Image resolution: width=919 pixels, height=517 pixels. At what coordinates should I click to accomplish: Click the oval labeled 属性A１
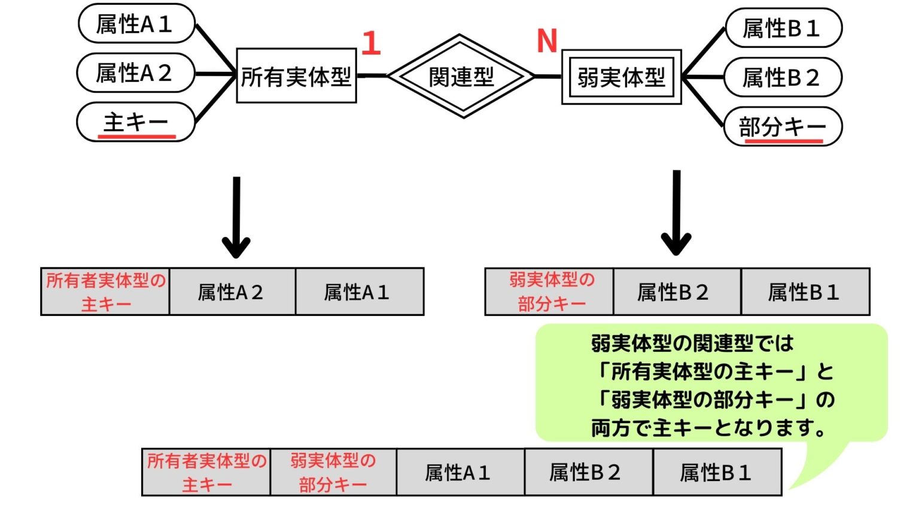pyautogui.click(x=136, y=24)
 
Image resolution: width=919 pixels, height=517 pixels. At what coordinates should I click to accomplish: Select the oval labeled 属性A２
pyautogui.click(x=136, y=73)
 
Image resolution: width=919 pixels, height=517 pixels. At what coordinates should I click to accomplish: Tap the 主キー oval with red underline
pyautogui.click(x=136, y=123)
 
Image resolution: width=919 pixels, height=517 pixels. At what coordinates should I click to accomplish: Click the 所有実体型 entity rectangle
pyautogui.click(x=296, y=76)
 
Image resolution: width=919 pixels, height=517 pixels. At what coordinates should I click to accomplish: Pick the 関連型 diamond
pyautogui.click(x=461, y=77)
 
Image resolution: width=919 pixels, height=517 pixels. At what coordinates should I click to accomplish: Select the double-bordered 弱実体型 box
pyautogui.click(x=621, y=77)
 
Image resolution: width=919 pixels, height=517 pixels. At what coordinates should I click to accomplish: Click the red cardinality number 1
pyautogui.click(x=371, y=43)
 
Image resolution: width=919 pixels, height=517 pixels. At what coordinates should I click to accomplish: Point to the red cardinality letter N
pyautogui.click(x=547, y=41)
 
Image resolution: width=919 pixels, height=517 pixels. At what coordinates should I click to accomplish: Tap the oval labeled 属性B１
pyautogui.click(x=783, y=28)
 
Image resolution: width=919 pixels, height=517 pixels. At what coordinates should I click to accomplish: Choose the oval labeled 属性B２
pyautogui.click(x=783, y=77)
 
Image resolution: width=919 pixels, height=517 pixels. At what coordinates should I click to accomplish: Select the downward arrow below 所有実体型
pyautogui.click(x=236, y=218)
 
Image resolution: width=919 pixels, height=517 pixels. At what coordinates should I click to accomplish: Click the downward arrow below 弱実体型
pyautogui.click(x=676, y=214)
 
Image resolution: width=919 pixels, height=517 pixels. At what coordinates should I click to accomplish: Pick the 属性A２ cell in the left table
pyautogui.click(x=232, y=292)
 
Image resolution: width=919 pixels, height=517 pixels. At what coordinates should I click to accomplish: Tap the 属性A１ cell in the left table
pyautogui.click(x=359, y=292)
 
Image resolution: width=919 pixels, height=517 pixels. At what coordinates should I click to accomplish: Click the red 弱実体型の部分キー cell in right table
pyautogui.click(x=550, y=292)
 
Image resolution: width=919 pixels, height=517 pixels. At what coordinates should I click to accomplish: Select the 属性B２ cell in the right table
pyautogui.click(x=677, y=292)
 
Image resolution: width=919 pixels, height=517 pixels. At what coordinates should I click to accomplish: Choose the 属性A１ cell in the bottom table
pyautogui.click(x=460, y=473)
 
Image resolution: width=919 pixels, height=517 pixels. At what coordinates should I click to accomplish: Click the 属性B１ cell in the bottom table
pyautogui.click(x=717, y=473)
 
